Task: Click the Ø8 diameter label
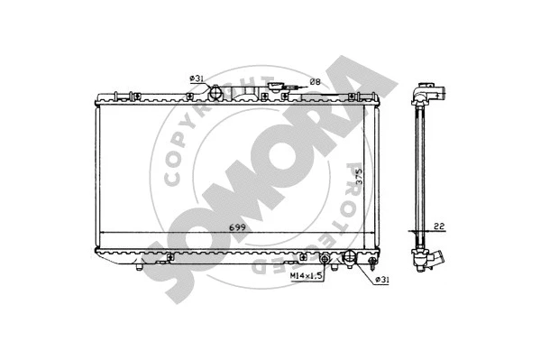pyautogui.click(x=315, y=82)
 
